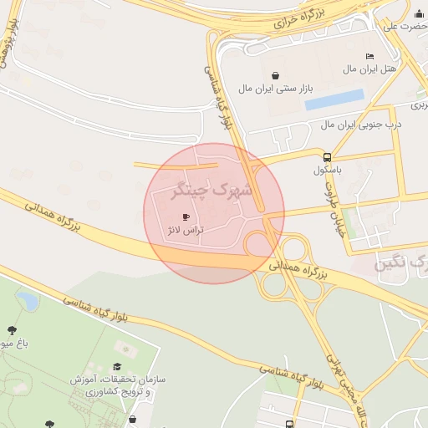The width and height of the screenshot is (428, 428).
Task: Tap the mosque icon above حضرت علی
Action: click(418, 13)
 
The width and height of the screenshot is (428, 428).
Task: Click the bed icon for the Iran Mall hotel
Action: click(369, 56)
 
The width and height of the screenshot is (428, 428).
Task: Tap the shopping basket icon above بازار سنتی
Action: click(275, 75)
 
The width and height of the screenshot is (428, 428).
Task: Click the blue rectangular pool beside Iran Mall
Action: click(334, 99)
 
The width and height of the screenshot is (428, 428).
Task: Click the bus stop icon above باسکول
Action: click(326, 156)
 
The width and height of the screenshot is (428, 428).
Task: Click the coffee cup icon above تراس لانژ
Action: click(185, 217)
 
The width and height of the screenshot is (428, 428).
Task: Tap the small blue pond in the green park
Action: click(28, 299)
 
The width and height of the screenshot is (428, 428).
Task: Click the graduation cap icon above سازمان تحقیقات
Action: click(117, 366)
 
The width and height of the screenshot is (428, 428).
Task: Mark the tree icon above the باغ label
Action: click(11, 331)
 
